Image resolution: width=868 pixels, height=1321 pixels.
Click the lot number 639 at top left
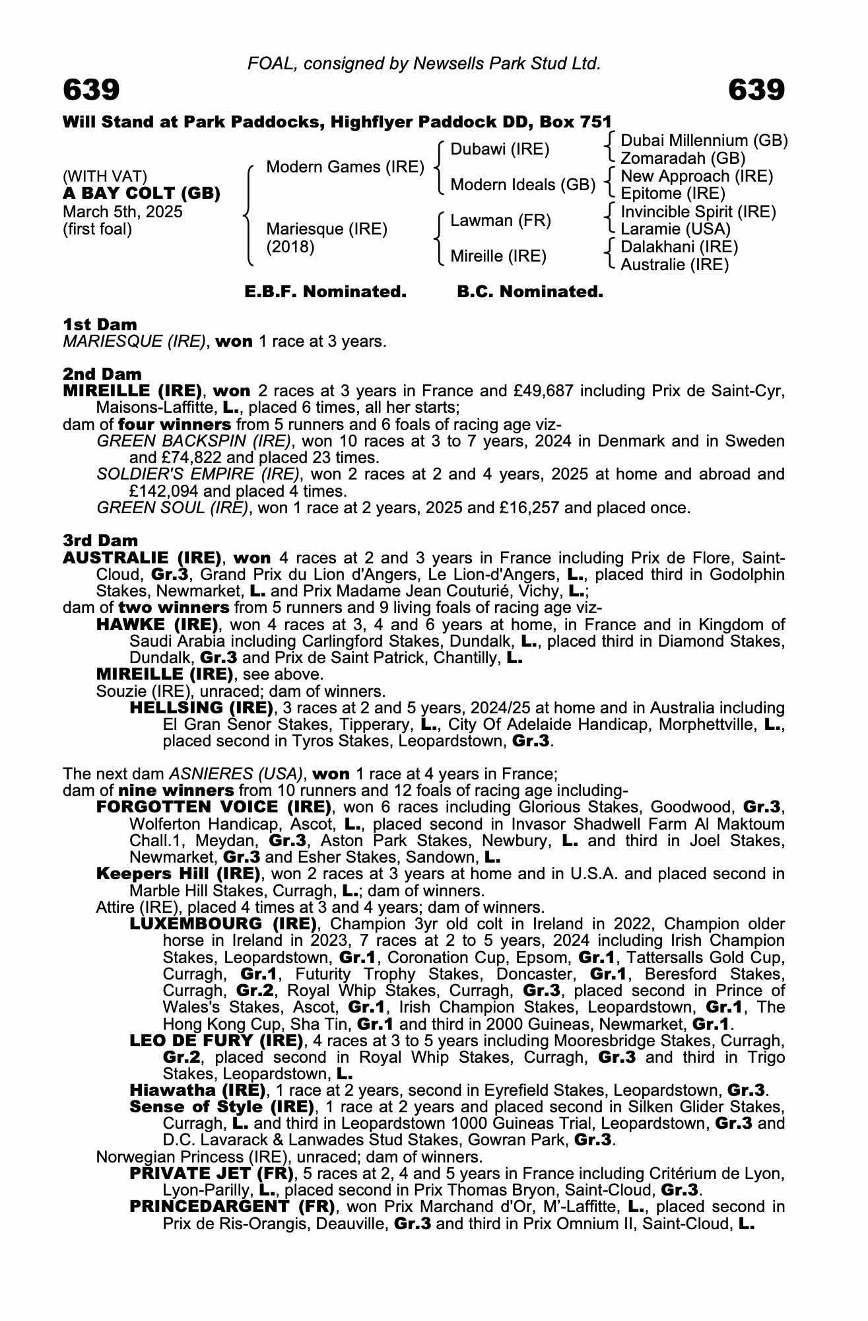pos(91,90)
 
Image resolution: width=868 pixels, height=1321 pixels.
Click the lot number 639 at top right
pos(756,90)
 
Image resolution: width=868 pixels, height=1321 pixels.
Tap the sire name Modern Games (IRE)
pos(345,167)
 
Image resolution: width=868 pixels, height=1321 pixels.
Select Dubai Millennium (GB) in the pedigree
pos(704,141)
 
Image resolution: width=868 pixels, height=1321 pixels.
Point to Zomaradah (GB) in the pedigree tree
pos(683,159)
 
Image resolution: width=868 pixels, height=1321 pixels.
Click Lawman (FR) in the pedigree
pos(500,221)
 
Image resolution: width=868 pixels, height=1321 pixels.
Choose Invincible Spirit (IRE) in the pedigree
pos(698,212)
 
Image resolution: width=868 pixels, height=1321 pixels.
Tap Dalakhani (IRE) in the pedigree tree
pos(679,247)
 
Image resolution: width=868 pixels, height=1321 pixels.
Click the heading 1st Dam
pos(100,324)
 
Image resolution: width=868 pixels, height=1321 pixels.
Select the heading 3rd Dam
pos(100,541)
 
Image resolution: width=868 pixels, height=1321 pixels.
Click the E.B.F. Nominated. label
pos(325,292)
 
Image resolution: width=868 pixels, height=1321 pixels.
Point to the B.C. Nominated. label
pos(530,292)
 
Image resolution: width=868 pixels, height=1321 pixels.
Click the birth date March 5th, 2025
pos(122,212)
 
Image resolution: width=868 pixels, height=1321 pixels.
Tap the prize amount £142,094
pos(164,491)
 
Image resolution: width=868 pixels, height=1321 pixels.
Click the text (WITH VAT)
pos(105,176)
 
